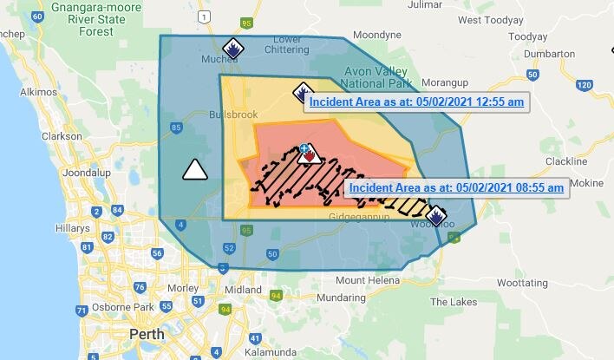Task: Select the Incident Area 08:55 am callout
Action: pos(457,187)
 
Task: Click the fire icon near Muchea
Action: pos(232,49)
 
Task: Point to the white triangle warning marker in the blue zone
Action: pos(196,169)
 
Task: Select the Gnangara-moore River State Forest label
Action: pos(79,19)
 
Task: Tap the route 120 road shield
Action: pos(584,84)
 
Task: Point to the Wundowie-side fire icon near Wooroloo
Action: pos(435,214)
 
